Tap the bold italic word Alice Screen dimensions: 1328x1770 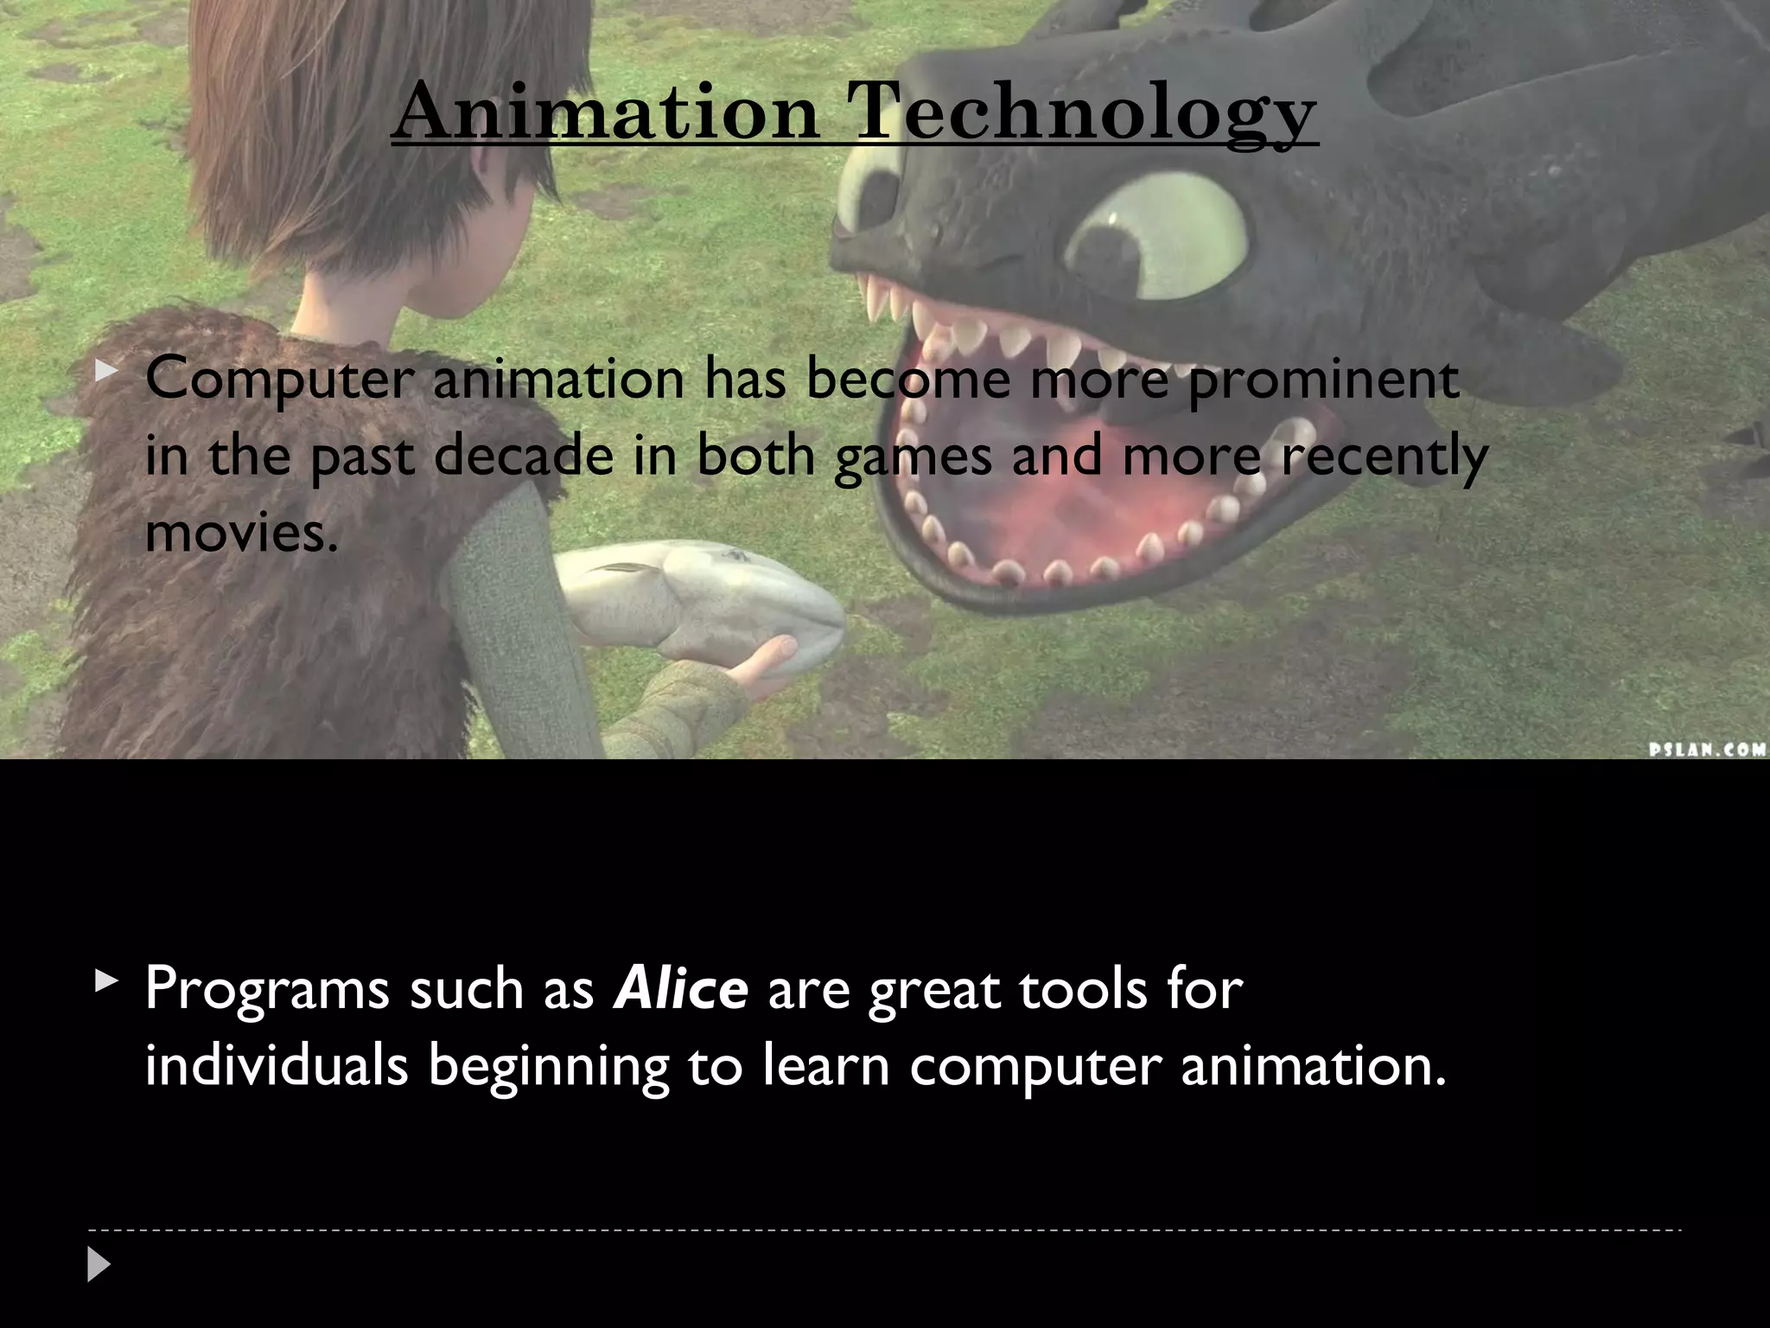point(680,988)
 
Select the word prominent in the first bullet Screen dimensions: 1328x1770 point(1324,380)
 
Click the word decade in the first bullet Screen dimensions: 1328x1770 point(523,456)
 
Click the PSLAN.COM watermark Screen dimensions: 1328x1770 point(1708,749)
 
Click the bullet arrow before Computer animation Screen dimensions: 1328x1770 point(106,372)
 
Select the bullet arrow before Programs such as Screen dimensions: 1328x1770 point(106,980)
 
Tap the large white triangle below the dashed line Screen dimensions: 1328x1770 point(99,1265)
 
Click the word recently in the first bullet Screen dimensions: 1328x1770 point(1385,456)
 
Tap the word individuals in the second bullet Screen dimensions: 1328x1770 point(277,1066)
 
